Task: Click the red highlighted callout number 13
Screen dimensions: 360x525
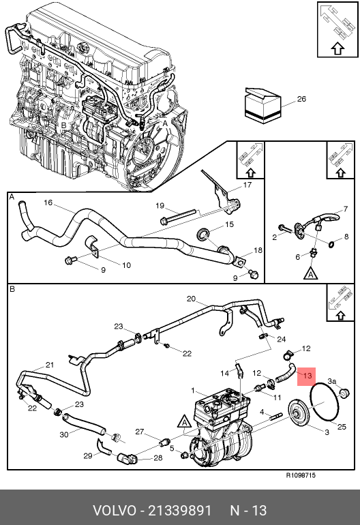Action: click(x=307, y=376)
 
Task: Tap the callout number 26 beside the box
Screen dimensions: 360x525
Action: click(x=301, y=99)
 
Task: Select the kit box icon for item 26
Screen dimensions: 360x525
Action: click(x=263, y=105)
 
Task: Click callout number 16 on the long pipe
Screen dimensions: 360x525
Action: click(x=48, y=202)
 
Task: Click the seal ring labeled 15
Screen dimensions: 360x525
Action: click(x=203, y=233)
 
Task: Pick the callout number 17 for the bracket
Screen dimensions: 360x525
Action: click(x=247, y=185)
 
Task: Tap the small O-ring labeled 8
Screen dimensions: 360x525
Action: click(x=331, y=244)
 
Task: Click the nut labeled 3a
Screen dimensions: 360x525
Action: click(x=344, y=392)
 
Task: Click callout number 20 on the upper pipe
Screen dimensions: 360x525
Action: click(x=191, y=299)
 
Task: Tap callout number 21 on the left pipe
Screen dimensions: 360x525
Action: click(x=50, y=365)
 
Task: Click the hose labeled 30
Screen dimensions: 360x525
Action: click(x=84, y=423)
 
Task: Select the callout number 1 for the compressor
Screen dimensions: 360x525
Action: click(x=193, y=391)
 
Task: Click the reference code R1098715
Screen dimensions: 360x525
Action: click(x=301, y=475)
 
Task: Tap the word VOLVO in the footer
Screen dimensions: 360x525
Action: click(x=115, y=511)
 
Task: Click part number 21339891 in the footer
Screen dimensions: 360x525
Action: click(x=180, y=511)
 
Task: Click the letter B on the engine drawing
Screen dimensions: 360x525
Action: click(x=63, y=125)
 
